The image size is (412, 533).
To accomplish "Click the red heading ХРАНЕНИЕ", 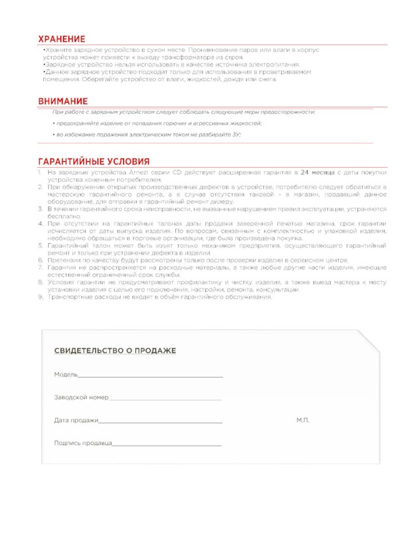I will click(x=61, y=40).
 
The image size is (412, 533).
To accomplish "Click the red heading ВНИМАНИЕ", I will click(x=63, y=101).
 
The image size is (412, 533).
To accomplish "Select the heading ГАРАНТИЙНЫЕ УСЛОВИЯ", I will click(x=93, y=162).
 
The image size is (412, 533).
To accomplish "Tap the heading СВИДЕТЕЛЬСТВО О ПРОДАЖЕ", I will click(x=115, y=350).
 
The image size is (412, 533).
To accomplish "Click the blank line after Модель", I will click(x=150, y=376).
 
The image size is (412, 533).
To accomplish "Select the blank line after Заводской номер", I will click(x=165, y=399).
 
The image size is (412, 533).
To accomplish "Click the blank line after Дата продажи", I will click(x=160, y=422).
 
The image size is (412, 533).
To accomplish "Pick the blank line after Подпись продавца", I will click(x=167, y=444).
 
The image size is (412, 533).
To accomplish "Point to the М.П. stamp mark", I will click(x=303, y=420).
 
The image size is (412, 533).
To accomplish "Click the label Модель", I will click(x=65, y=375).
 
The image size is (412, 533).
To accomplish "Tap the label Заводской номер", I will click(x=81, y=398).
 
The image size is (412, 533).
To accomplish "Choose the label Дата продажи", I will click(x=76, y=420).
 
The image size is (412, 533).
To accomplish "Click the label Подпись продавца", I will click(x=83, y=443).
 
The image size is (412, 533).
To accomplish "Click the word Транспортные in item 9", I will click(x=68, y=296).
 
